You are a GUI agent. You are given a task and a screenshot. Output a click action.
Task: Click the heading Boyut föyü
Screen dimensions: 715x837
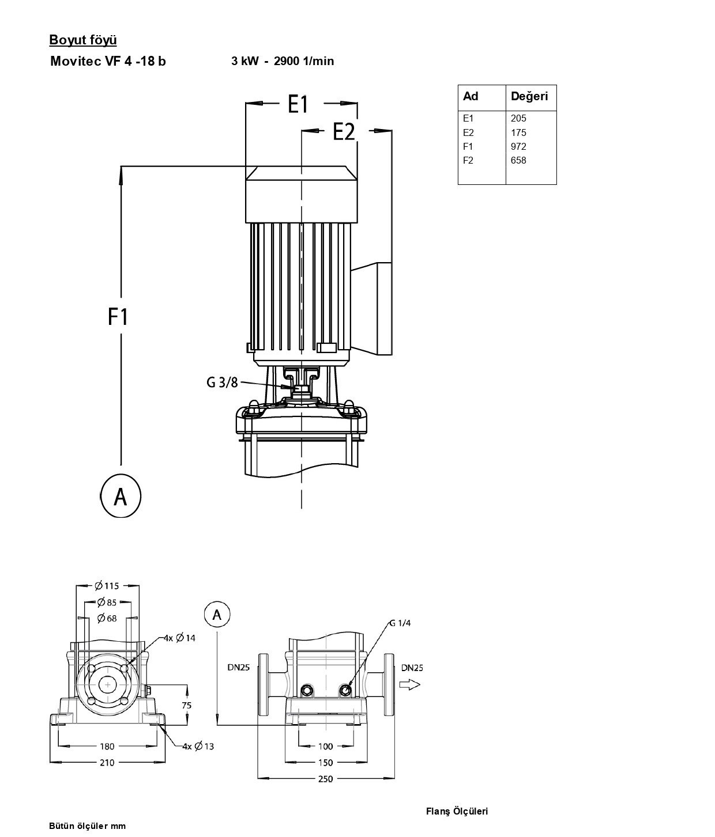pyautogui.click(x=83, y=40)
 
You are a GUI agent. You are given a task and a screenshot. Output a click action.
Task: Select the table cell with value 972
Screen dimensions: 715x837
pyautogui.click(x=518, y=146)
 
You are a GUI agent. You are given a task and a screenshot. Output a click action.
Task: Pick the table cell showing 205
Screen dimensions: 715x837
pyautogui.click(x=518, y=119)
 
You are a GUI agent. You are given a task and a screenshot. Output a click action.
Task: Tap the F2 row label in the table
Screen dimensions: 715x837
pyautogui.click(x=468, y=160)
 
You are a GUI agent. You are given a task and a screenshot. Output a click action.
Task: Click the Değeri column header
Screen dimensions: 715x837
pyautogui.click(x=529, y=96)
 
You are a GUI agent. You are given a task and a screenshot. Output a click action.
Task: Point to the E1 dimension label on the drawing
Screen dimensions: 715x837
pyautogui.click(x=298, y=104)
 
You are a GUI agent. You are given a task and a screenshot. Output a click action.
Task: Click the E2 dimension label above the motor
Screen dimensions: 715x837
pyautogui.click(x=344, y=131)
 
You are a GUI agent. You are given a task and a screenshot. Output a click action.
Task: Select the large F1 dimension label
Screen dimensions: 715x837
pyautogui.click(x=118, y=317)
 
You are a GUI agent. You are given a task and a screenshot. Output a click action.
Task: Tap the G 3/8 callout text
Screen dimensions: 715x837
pyautogui.click(x=222, y=382)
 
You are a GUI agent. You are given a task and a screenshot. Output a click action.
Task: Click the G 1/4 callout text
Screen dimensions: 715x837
pyautogui.click(x=400, y=623)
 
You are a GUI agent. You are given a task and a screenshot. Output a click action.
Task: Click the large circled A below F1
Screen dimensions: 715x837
pyautogui.click(x=121, y=496)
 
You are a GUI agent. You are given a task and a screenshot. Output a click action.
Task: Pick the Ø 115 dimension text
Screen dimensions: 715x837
pyautogui.click(x=107, y=586)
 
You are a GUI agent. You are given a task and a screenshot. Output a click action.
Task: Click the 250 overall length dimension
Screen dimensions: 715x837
pyautogui.click(x=325, y=779)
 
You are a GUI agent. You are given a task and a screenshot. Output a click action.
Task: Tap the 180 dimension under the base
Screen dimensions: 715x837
pyautogui.click(x=107, y=747)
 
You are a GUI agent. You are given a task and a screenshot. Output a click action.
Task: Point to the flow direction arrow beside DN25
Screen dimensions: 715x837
pyautogui.click(x=410, y=685)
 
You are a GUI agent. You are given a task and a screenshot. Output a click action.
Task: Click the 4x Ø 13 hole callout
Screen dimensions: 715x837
pyautogui.click(x=198, y=747)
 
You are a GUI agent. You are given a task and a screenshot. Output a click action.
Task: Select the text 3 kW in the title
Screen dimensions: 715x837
pyautogui.click(x=245, y=61)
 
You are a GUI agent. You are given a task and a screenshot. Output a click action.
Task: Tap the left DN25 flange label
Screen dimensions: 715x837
pyautogui.click(x=238, y=668)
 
